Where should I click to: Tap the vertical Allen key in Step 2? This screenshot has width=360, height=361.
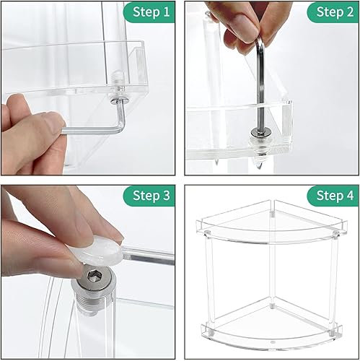coord(260,79)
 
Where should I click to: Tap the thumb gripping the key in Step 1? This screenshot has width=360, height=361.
coord(36,130)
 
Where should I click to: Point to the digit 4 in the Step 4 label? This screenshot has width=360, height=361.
coord(349,196)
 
